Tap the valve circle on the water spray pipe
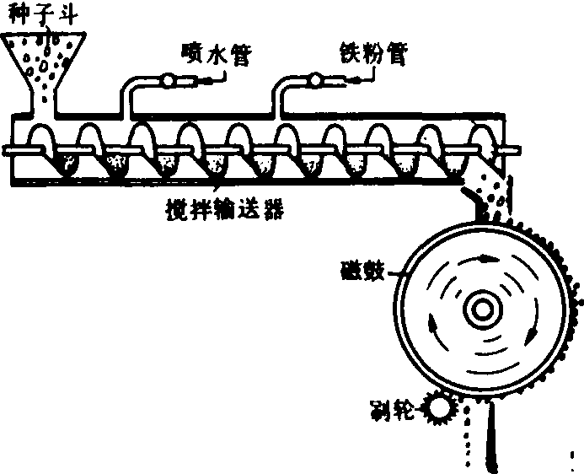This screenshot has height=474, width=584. click(x=168, y=81)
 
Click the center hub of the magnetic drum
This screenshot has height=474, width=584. click(x=482, y=310)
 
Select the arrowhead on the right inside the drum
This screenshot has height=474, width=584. click(x=532, y=335)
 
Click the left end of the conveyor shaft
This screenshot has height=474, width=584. click(x=8, y=149)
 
